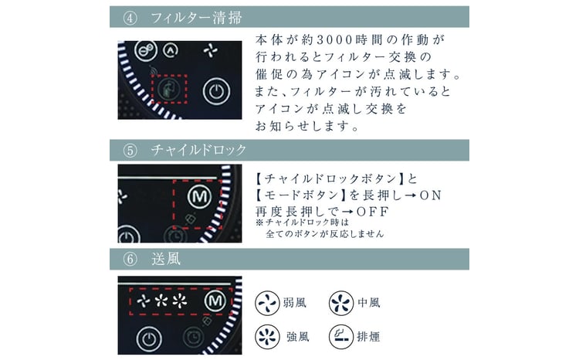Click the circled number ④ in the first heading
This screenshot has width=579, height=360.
130,17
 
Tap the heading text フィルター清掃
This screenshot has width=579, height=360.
196,17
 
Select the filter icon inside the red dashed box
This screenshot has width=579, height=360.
169,89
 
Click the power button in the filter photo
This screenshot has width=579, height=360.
216,91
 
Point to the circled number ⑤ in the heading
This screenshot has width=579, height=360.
130,151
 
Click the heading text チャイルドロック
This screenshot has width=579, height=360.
198,150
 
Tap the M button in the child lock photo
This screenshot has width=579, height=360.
199,196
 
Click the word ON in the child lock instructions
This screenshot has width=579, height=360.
431,195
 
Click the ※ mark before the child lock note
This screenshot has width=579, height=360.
259,222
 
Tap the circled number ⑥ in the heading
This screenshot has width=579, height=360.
130,259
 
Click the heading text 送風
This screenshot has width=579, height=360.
166,259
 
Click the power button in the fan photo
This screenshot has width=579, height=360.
149,338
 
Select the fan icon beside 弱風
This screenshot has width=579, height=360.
267,303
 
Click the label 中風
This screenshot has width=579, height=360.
369,303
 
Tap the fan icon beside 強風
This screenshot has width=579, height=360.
267,337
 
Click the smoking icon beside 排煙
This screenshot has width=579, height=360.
341,337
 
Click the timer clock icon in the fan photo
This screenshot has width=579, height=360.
193,338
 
